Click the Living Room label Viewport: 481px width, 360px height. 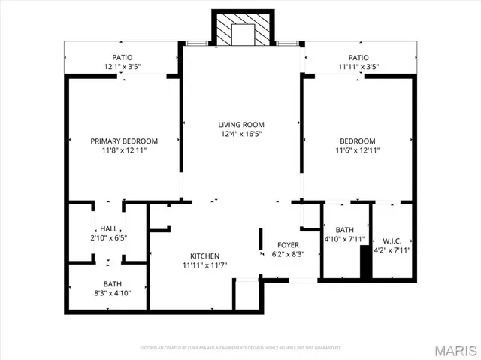point(241,125)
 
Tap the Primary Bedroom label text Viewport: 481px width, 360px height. point(124,141)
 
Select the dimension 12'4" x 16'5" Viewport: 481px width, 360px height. point(241,135)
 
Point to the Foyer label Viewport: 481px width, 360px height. point(288,244)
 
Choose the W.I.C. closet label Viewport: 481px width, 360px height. point(392,241)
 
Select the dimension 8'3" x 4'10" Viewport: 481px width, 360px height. point(113,293)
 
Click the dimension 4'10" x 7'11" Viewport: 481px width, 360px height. point(345,241)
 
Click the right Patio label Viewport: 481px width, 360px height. point(358,58)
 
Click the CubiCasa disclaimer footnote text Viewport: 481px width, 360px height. point(240,348)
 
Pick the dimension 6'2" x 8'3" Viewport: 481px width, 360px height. point(288,253)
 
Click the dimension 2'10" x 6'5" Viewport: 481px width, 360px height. point(109,237)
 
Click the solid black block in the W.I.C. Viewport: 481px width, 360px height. point(366,264)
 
